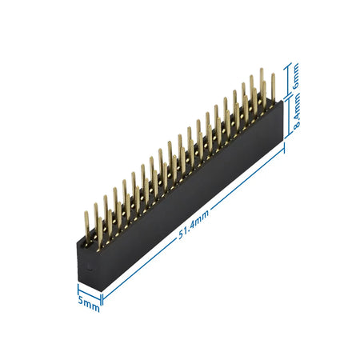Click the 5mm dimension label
[89, 303]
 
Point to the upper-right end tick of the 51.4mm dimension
[284, 151]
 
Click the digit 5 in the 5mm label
[81, 301]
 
